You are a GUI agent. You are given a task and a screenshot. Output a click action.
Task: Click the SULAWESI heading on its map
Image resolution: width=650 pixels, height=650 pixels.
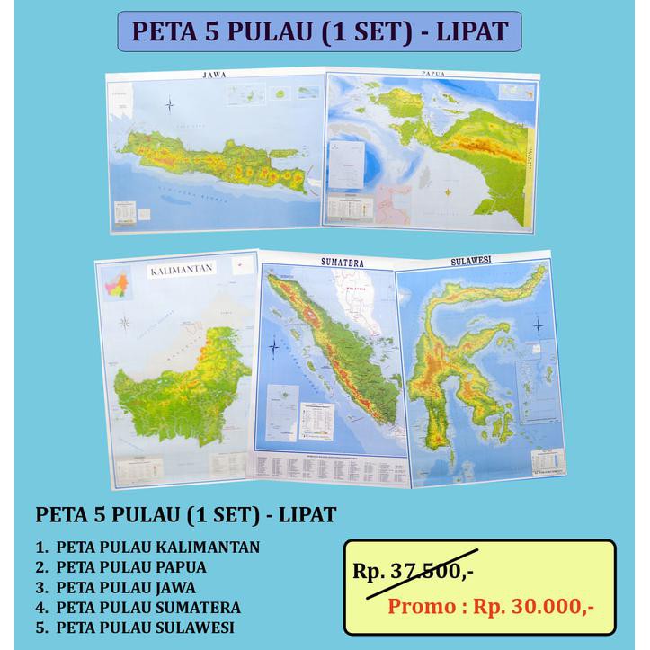(472, 262)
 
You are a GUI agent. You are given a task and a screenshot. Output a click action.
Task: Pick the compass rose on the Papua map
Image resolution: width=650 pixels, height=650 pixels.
(447, 191)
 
